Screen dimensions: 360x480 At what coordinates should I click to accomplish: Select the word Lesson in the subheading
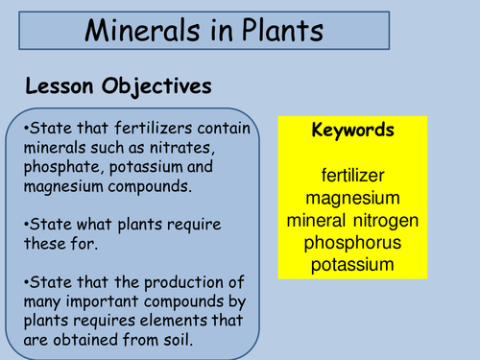[60, 85]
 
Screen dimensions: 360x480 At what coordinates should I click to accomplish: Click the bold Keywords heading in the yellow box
[351, 130]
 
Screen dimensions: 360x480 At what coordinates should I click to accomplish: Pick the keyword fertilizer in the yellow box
[351, 177]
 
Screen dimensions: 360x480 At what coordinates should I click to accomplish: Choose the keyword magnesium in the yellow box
[351, 198]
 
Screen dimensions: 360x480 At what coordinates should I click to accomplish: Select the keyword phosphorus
[351, 242]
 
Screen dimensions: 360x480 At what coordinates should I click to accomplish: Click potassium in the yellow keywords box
[351, 263]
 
